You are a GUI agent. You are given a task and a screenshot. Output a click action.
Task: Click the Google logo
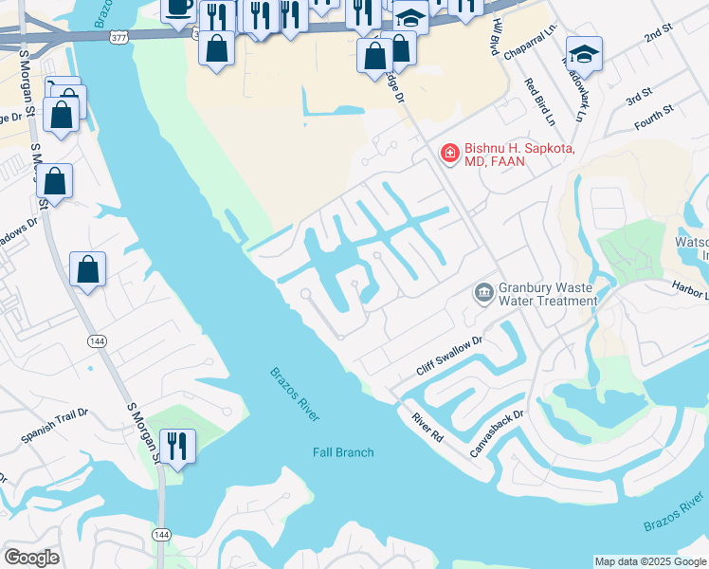31,558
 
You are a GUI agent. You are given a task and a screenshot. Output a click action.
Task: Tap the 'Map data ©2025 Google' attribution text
651,561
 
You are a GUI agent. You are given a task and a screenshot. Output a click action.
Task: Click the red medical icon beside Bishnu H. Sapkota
448,152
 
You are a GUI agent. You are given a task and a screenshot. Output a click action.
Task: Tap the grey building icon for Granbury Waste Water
484,290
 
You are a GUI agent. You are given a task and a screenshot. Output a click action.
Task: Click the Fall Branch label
343,452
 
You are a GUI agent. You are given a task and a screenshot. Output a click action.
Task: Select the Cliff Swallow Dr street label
450,355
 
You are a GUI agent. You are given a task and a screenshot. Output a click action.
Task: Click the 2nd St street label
657,37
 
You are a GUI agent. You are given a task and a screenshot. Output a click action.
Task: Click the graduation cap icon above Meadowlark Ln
584,53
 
